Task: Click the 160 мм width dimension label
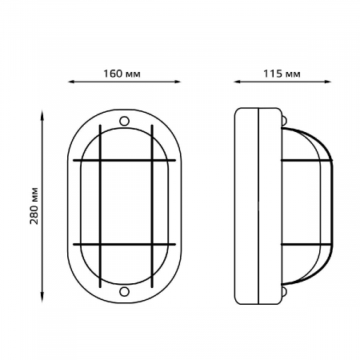(122, 74)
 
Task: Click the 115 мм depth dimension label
(282, 74)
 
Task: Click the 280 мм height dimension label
(34, 206)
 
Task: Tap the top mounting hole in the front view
(124, 121)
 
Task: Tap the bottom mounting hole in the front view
(124, 291)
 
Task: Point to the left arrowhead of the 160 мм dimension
(71, 82)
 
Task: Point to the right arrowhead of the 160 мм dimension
(178, 82)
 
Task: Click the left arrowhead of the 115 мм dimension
(237, 82)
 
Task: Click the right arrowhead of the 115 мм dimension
(328, 82)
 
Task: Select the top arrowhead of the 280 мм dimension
(42, 114)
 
